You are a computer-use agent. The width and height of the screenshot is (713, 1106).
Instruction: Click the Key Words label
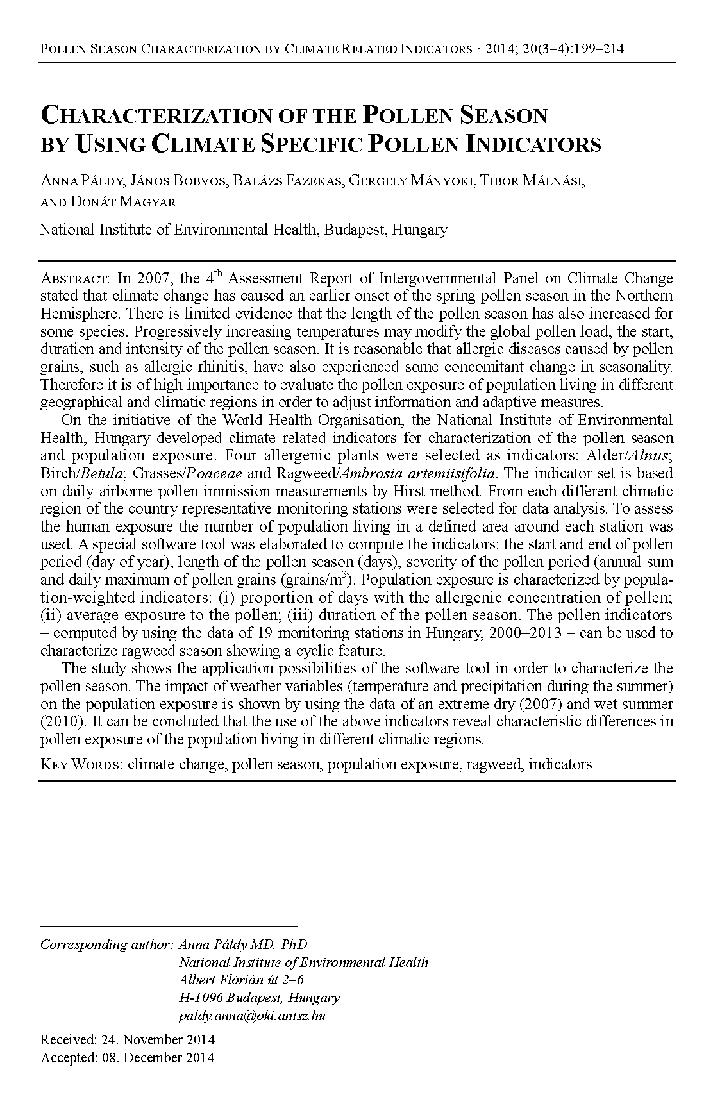point(81,764)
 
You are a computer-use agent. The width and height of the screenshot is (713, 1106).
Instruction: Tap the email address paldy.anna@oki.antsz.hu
point(252,1016)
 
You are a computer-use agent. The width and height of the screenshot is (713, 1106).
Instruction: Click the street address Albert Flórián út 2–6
point(241,980)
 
